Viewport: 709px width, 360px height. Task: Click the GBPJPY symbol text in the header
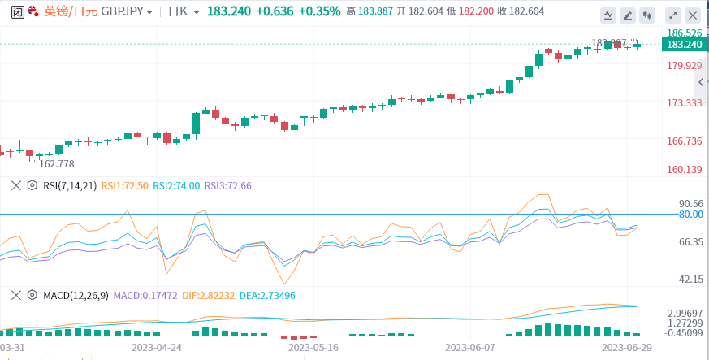click(x=121, y=12)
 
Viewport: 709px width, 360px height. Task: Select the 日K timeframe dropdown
click(x=183, y=12)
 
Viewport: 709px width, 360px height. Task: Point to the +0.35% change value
click(x=319, y=12)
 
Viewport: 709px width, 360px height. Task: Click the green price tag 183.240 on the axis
click(x=682, y=45)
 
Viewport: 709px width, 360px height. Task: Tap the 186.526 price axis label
click(x=684, y=33)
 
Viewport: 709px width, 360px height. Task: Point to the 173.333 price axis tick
click(x=684, y=103)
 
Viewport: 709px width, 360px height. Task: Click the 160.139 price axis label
click(x=684, y=170)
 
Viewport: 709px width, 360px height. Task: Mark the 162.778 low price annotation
click(x=57, y=163)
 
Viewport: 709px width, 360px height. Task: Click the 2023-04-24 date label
click(x=157, y=345)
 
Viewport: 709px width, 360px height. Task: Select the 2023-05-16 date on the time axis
click(x=313, y=345)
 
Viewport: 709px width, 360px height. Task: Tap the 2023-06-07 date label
click(x=470, y=345)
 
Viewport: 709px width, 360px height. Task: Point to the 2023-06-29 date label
click(x=626, y=345)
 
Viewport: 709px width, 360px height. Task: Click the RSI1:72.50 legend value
click(x=124, y=185)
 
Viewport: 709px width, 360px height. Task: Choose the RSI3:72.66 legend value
click(x=227, y=185)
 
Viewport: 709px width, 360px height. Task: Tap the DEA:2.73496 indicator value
click(x=267, y=295)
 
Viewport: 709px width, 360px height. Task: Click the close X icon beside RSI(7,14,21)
click(x=15, y=185)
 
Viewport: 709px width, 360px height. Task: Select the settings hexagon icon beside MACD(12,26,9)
click(x=32, y=295)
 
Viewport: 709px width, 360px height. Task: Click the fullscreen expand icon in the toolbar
click(x=672, y=15)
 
